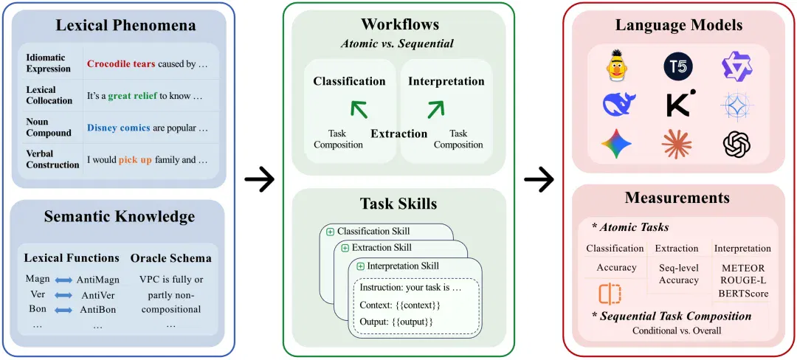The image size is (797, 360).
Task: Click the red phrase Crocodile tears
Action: [x=121, y=64]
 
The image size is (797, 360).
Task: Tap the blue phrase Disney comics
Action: [x=118, y=128]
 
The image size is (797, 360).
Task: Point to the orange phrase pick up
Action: [x=135, y=160]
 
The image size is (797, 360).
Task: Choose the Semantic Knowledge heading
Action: [x=120, y=217]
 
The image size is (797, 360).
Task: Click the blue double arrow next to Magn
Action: [x=63, y=280]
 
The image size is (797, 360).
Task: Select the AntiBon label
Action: [x=98, y=309]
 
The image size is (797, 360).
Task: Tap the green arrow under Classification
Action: [x=359, y=108]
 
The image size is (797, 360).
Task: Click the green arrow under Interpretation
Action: [x=435, y=108]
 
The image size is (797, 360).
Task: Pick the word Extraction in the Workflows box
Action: [x=399, y=134]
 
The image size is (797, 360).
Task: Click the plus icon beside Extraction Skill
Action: [x=345, y=249]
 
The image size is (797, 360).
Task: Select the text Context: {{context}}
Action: [x=399, y=305]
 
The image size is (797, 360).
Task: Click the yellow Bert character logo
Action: [x=616, y=65]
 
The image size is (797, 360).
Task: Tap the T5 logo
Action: [x=678, y=66]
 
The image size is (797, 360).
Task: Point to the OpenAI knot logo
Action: [x=736, y=144]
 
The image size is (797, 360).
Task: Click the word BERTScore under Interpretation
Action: [x=743, y=294]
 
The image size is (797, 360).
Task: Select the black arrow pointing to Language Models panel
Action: [x=539, y=179]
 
